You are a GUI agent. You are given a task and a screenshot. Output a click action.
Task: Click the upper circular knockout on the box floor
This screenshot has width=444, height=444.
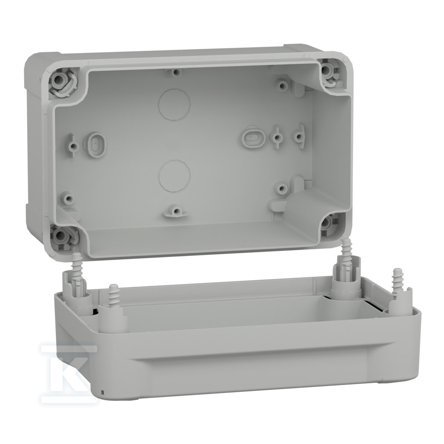[x=175, y=104]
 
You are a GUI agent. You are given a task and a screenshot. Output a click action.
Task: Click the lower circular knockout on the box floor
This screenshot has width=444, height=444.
[x=175, y=176]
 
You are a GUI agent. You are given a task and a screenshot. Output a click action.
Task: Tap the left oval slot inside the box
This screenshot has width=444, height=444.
[x=94, y=144]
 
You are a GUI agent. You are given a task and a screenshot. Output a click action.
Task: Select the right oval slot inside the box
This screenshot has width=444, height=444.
[x=253, y=138]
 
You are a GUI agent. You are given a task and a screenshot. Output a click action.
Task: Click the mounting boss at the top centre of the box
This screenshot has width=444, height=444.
[x=176, y=72]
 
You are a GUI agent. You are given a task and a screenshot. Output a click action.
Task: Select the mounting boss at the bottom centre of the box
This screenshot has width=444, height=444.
[x=175, y=211]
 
